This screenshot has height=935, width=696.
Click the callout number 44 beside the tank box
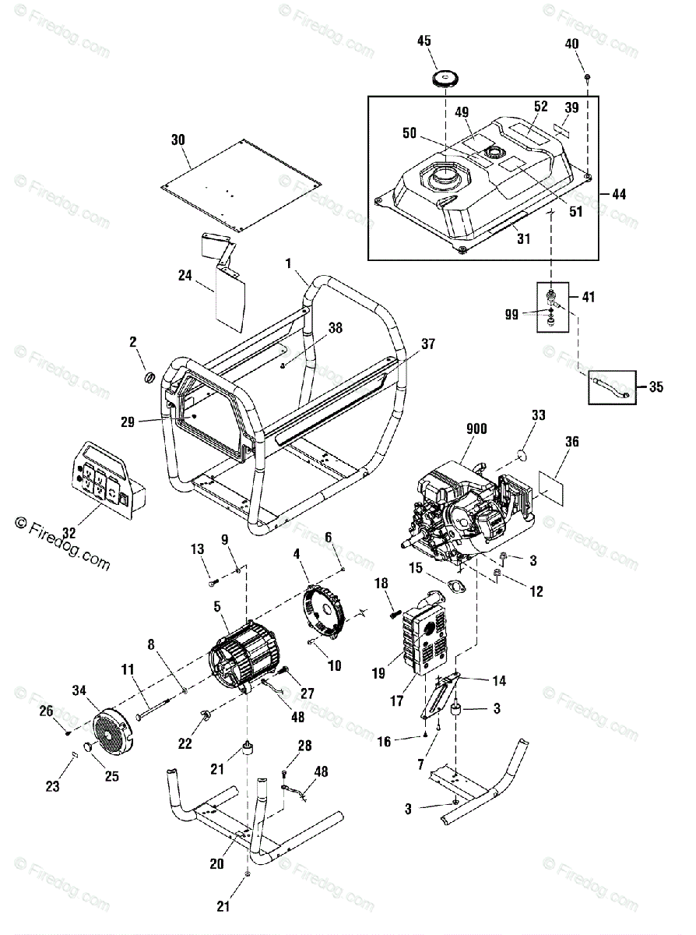(x=619, y=192)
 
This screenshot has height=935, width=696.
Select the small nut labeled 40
(x=588, y=77)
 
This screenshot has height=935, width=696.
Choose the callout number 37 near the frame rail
(x=428, y=344)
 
